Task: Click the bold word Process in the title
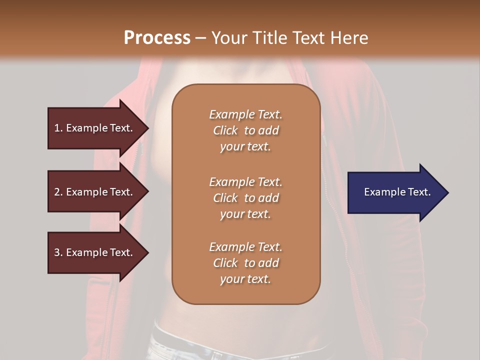pos(157,37)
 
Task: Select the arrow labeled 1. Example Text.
pos(95,128)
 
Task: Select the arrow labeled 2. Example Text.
pos(95,192)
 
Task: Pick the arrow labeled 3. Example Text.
pos(95,252)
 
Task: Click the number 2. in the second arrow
pos(58,192)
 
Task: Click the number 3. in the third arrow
pos(58,252)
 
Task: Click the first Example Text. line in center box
pos(245,114)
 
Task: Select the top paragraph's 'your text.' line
pos(245,147)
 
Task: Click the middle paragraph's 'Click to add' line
pos(245,198)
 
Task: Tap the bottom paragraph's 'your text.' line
pos(245,279)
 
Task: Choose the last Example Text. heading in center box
pos(245,247)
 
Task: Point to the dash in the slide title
pos(200,38)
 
